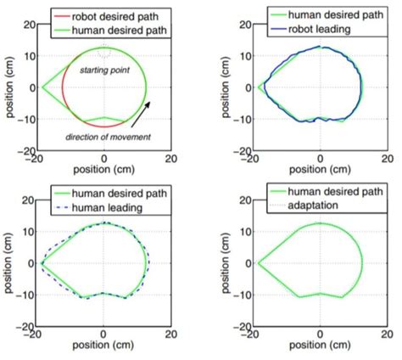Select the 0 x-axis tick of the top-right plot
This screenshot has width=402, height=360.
tap(320, 159)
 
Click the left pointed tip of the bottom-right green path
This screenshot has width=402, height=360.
tap(257, 263)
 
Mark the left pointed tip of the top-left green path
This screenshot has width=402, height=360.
tap(42, 87)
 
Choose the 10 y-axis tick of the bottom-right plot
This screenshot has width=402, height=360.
tap(241, 230)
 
